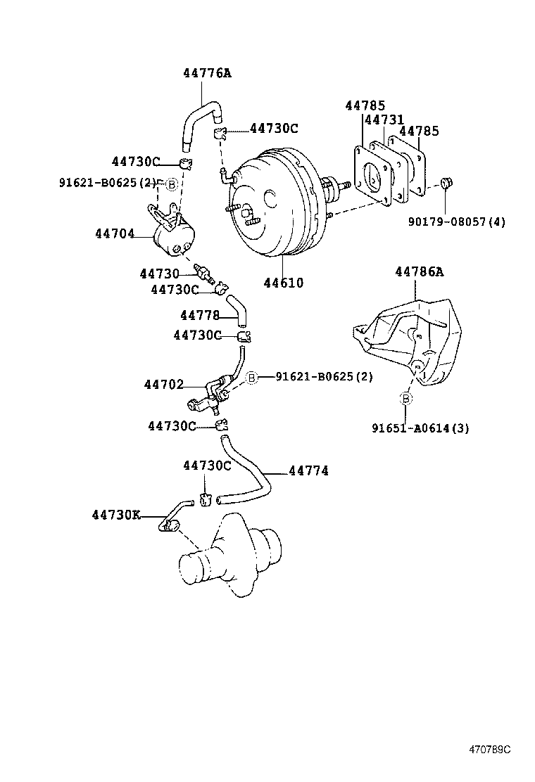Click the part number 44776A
point(207,73)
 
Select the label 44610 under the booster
point(284,283)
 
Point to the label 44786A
point(419,271)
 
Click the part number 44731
point(384,120)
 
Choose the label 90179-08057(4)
point(457,222)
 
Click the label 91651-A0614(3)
point(421,428)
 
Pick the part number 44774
point(308,470)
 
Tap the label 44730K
point(115,515)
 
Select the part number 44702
point(164,385)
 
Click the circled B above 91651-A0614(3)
point(406,399)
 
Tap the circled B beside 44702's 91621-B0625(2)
point(251,377)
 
